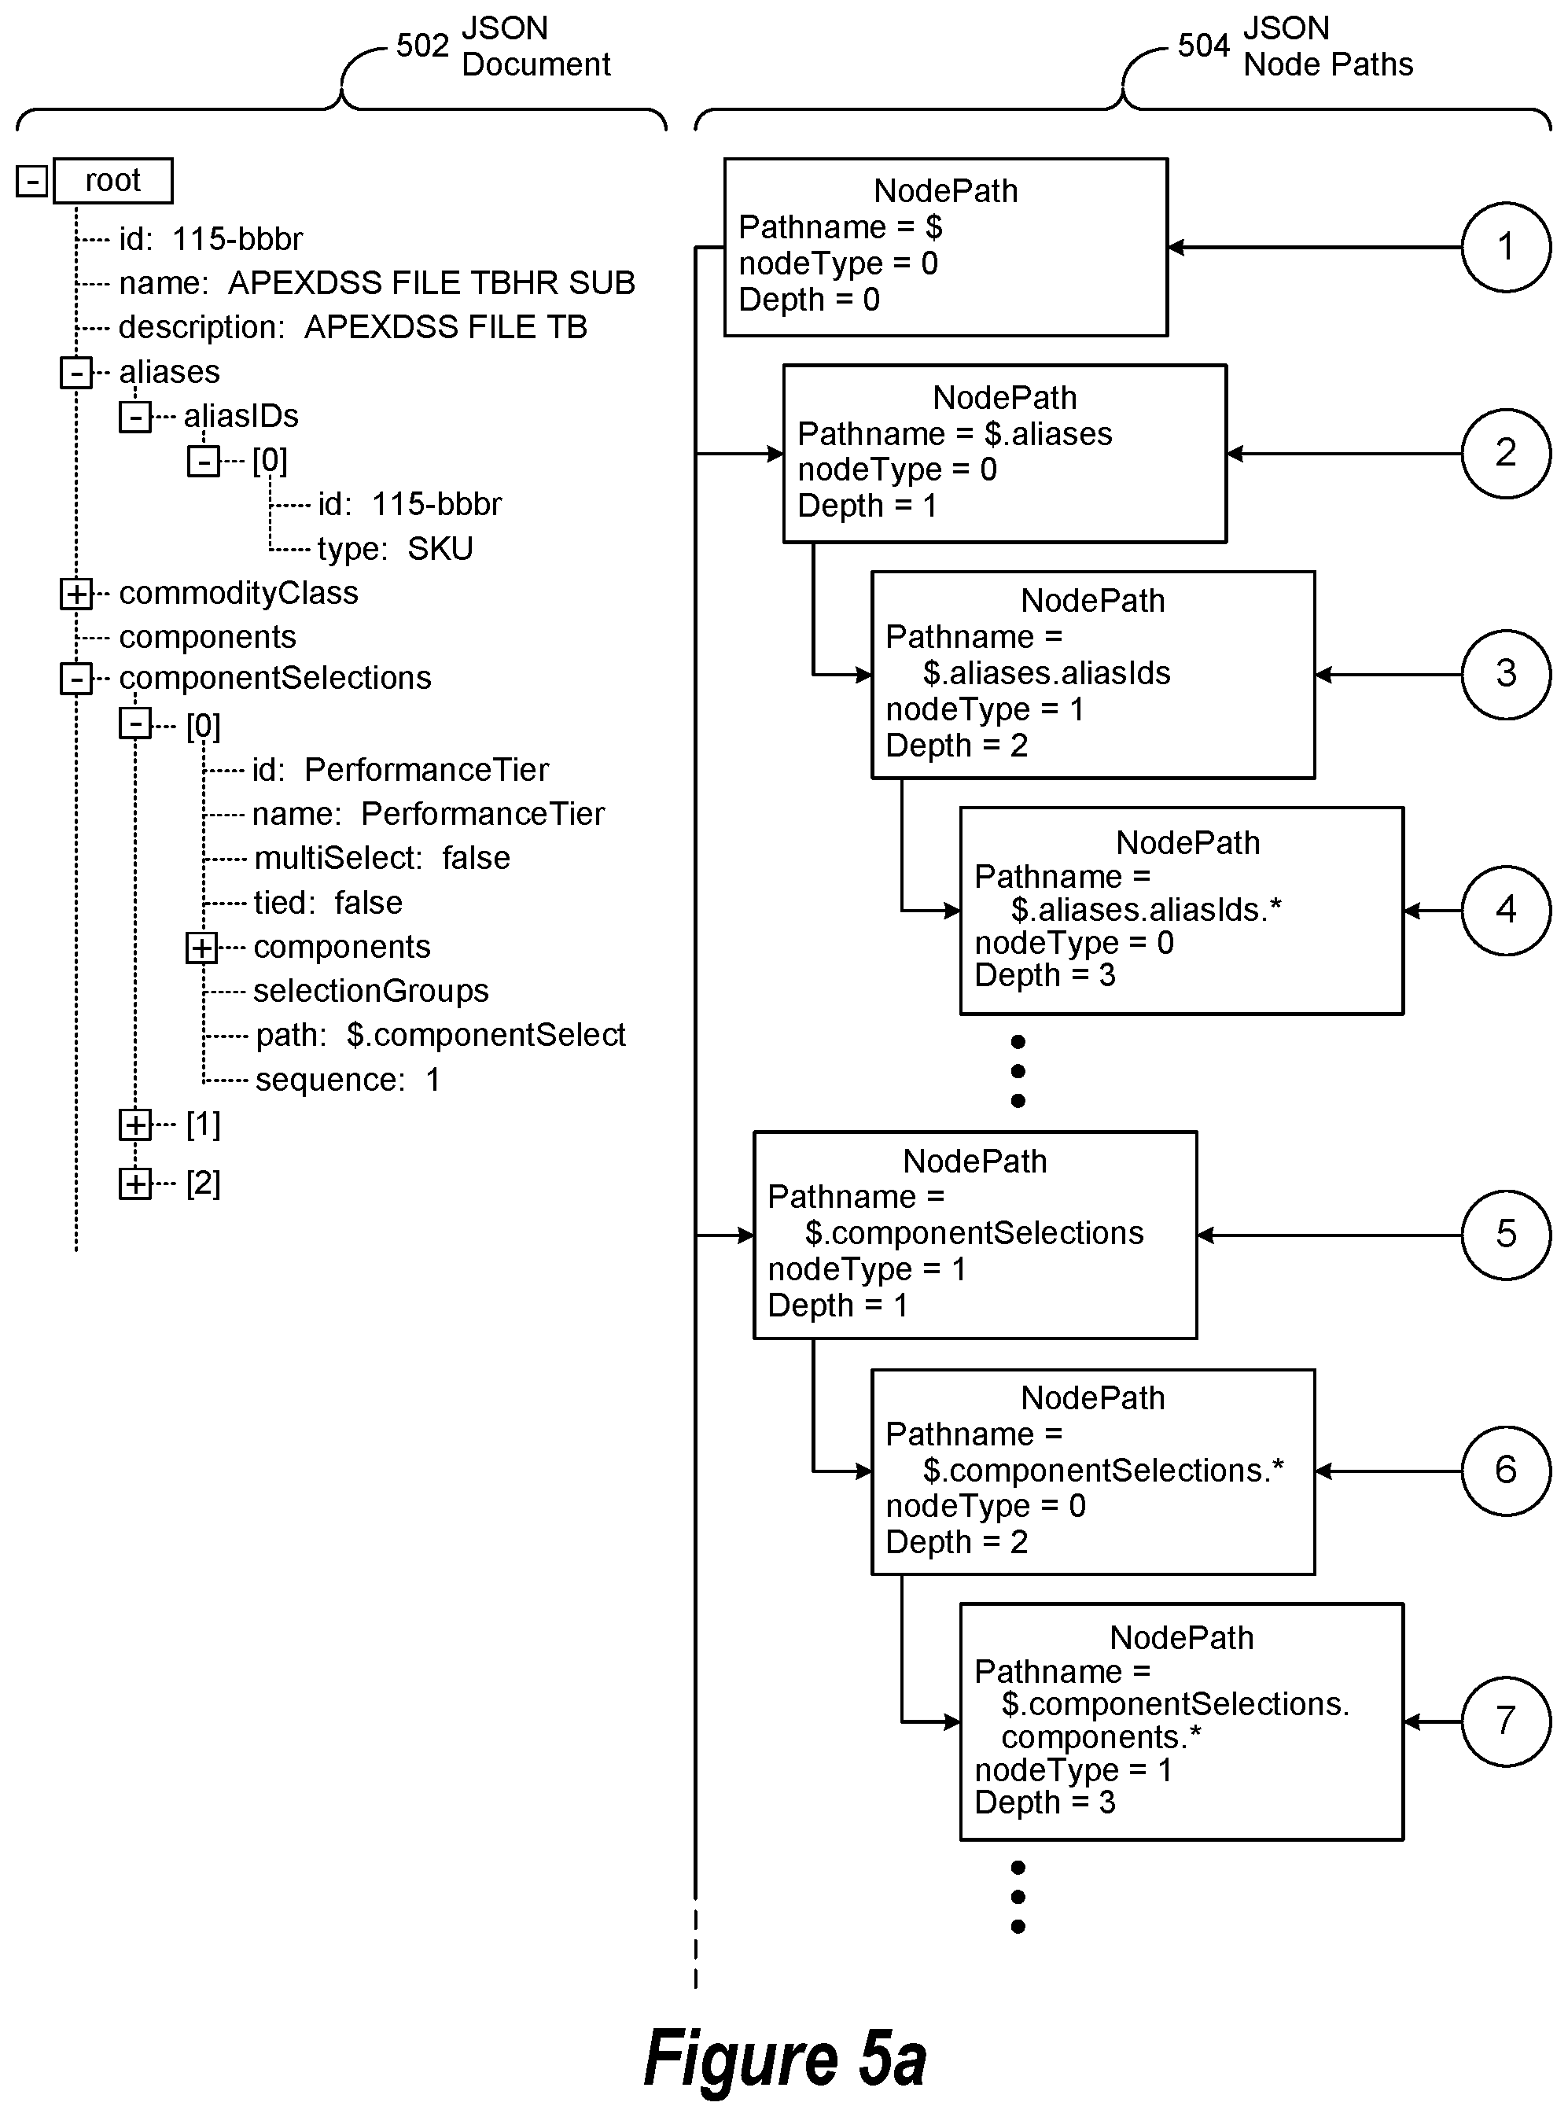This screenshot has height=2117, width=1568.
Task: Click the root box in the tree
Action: point(113,180)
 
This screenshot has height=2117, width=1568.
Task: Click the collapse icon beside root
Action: point(31,180)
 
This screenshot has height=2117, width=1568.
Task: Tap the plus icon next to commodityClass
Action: point(76,593)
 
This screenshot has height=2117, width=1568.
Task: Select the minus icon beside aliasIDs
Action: point(134,416)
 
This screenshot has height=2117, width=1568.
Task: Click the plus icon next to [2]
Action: point(134,1183)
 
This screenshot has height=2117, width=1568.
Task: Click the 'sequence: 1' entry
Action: point(348,1080)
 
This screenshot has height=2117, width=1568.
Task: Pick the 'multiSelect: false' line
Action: point(382,858)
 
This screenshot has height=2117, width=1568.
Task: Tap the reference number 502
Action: point(422,46)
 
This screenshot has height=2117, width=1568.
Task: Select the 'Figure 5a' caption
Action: point(785,2057)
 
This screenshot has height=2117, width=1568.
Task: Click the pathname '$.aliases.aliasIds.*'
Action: point(1147,909)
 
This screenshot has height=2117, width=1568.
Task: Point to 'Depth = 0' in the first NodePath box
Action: point(810,300)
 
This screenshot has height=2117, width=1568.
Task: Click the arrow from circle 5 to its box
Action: point(1330,1235)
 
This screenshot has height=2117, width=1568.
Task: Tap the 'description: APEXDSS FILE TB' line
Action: point(353,327)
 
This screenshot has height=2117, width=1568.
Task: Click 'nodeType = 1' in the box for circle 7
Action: point(1073,1769)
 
